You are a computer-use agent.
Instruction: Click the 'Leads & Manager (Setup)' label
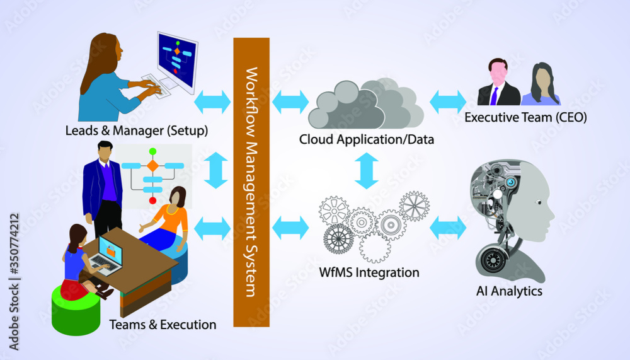(x=137, y=131)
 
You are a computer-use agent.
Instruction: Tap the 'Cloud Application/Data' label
(x=366, y=139)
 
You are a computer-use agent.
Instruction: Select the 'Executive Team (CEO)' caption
(x=525, y=117)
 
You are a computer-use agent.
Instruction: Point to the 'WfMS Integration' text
(x=369, y=273)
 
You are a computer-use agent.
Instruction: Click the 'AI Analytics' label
(x=510, y=291)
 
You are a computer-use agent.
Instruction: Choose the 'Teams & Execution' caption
(x=163, y=325)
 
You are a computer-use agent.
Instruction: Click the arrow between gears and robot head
(x=448, y=228)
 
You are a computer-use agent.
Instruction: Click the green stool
(x=76, y=310)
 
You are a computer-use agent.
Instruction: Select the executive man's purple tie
(x=495, y=95)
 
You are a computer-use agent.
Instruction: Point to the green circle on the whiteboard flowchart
(x=152, y=152)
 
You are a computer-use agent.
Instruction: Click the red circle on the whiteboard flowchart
(x=152, y=200)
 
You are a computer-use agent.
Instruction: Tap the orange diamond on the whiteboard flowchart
(x=152, y=166)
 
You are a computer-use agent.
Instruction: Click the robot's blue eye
(x=512, y=182)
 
